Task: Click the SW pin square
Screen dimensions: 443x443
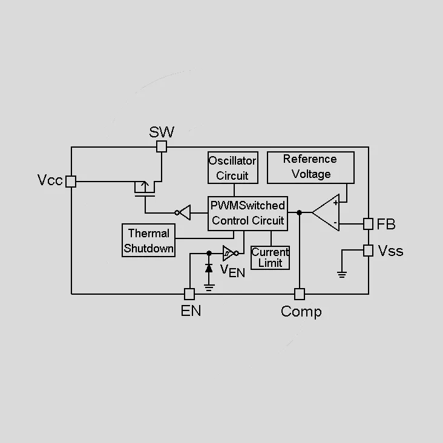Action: (162, 146)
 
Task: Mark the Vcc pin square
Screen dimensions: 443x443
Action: (71, 182)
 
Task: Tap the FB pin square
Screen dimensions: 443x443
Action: (368, 224)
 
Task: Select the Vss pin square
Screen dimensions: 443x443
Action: (368, 251)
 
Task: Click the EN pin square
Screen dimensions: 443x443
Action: (189, 294)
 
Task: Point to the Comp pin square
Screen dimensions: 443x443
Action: (300, 294)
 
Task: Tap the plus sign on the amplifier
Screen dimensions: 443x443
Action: (335, 203)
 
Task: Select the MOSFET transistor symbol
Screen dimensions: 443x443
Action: (145, 189)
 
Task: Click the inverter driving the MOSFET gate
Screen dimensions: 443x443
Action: (183, 212)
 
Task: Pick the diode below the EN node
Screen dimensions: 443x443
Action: (209, 268)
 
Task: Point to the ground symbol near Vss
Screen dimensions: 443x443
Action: (342, 274)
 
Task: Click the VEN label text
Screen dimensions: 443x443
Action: (232, 271)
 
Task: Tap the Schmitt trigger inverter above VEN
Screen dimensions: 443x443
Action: (231, 253)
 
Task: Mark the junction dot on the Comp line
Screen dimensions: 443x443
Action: (300, 212)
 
